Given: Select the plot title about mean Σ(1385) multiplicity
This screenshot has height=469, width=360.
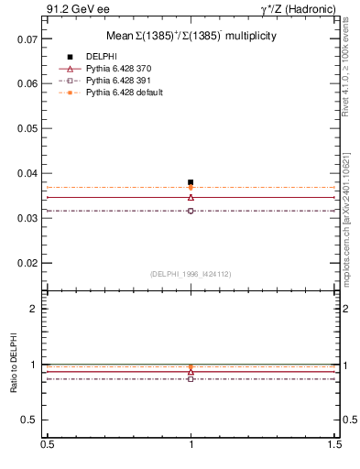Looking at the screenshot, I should [191, 35].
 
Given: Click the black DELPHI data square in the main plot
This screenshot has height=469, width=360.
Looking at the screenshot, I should [191, 182].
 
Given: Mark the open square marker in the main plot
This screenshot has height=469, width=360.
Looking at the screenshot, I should [191, 211].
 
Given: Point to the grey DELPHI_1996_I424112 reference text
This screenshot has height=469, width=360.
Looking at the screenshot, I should [191, 273].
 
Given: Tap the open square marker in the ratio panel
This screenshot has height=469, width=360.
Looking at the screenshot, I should [191, 378].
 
